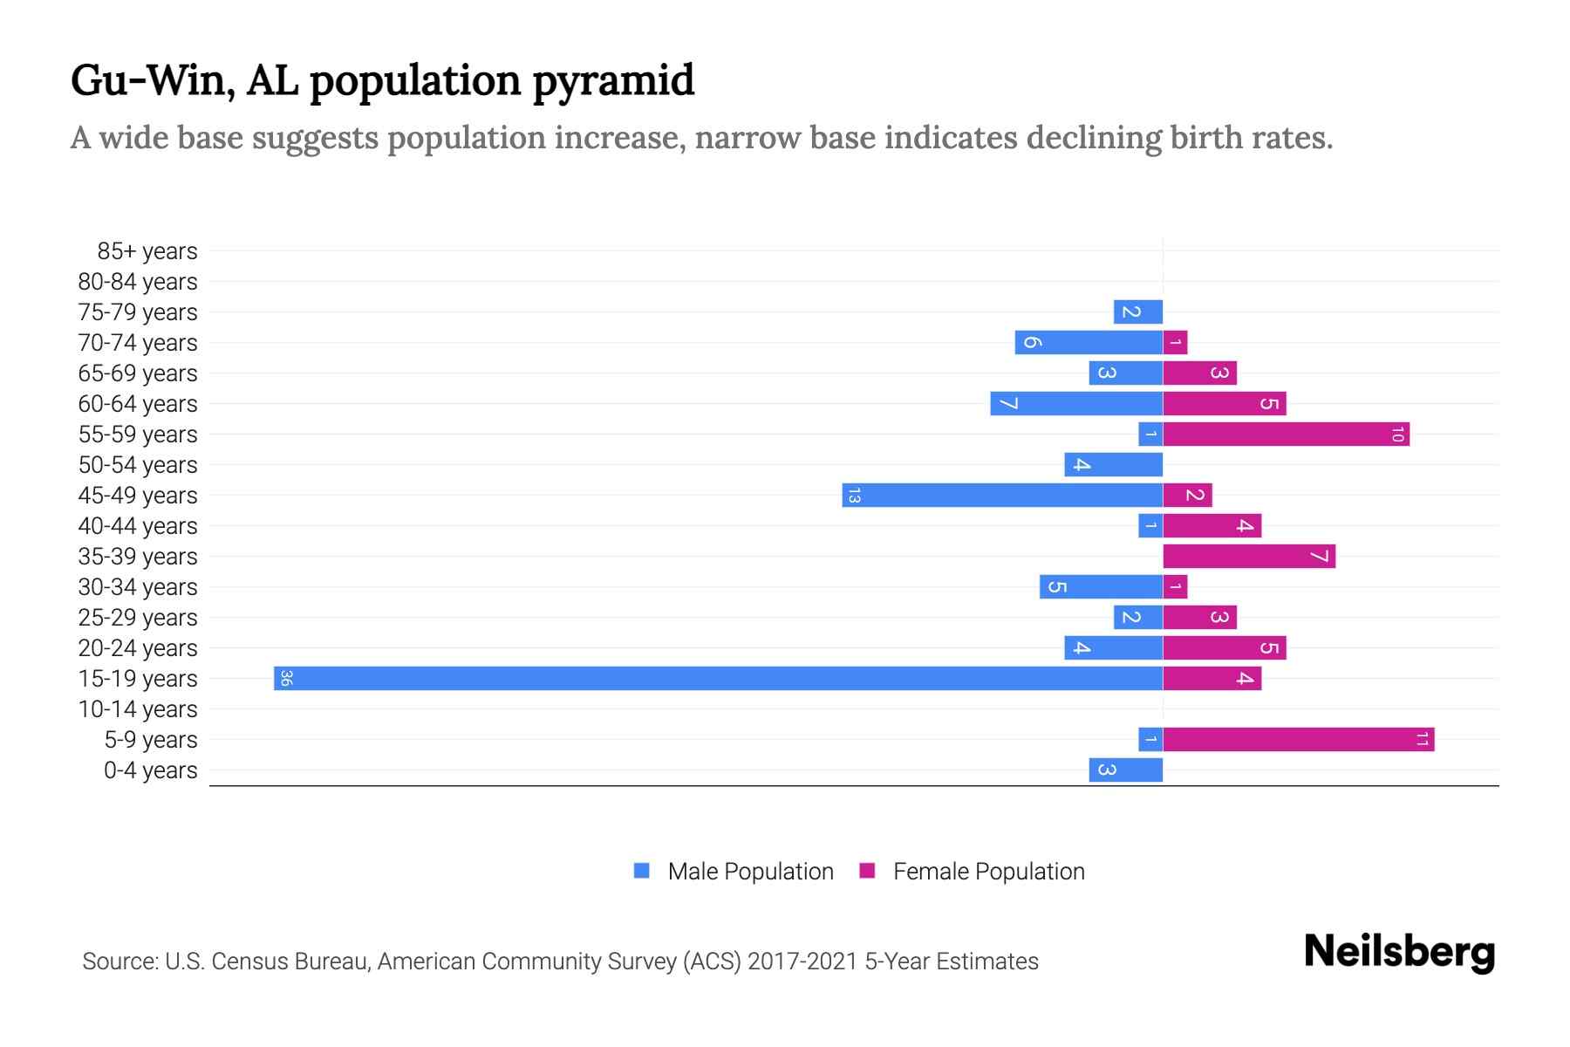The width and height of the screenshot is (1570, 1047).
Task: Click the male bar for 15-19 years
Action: [718, 678]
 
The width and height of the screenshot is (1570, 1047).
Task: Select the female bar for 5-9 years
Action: [1298, 739]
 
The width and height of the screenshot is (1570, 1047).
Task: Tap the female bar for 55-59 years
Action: [1286, 434]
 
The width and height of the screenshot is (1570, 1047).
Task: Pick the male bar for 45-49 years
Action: [1002, 495]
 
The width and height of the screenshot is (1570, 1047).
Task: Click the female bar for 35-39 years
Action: [1248, 556]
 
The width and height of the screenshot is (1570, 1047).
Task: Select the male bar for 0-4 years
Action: [1125, 770]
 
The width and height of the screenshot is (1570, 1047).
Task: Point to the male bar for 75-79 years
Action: [1137, 311]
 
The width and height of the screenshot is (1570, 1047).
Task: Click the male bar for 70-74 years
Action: [1088, 342]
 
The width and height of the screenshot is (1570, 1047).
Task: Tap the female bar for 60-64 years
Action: [1224, 403]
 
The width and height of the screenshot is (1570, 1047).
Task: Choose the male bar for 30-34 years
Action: [1101, 586]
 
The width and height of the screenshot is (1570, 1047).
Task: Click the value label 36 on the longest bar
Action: [286, 678]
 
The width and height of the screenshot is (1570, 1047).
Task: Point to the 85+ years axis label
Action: [147, 251]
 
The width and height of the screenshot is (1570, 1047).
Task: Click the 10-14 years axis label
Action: [138, 709]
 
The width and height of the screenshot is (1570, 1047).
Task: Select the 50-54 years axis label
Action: [138, 465]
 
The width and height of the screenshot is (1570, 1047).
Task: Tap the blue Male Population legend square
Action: [642, 871]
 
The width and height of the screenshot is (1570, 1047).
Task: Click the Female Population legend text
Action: [988, 872]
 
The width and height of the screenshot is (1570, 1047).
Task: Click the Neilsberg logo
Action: [1399, 952]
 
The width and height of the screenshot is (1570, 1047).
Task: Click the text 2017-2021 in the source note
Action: [802, 961]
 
